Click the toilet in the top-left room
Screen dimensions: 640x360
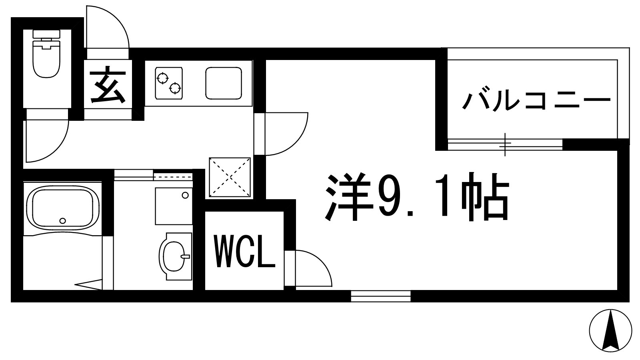[46, 56]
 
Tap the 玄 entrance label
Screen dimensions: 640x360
[107, 86]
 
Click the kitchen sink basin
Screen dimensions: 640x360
[224, 83]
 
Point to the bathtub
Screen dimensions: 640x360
[62, 207]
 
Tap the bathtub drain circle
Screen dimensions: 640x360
[62, 220]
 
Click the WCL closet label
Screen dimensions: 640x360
[245, 252]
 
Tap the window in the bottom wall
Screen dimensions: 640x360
[381, 296]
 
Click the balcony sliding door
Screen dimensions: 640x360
[505, 144]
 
